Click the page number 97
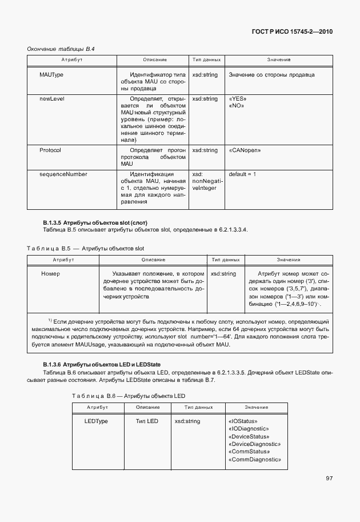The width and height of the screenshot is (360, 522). (x=329, y=479)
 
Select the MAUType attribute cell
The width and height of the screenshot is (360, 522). (x=51, y=75)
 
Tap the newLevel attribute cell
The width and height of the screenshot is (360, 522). (x=51, y=99)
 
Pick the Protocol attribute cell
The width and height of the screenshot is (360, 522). (x=50, y=150)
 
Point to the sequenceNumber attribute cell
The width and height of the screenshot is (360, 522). (x=63, y=174)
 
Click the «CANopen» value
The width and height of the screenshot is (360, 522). (x=245, y=150)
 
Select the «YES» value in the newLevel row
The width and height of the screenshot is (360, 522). (x=238, y=99)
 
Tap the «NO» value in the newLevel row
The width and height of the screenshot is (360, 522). (x=237, y=106)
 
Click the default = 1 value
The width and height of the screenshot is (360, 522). (x=242, y=174)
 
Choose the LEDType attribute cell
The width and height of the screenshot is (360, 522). (x=97, y=421)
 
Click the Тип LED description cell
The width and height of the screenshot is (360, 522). (x=147, y=421)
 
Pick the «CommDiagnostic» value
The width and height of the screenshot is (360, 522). (x=254, y=459)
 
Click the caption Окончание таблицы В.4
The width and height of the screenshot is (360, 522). (x=61, y=49)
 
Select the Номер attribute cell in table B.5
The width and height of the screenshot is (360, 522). (x=51, y=274)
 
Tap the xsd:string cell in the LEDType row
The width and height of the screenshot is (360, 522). (x=187, y=421)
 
